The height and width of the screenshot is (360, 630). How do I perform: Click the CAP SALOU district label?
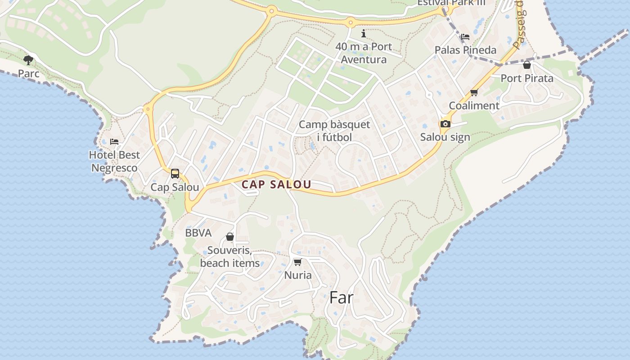click(276, 184)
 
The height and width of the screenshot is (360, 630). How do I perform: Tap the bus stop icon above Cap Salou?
click(175, 174)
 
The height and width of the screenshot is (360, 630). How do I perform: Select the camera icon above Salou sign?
click(445, 124)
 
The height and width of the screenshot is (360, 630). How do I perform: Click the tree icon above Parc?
click(28, 60)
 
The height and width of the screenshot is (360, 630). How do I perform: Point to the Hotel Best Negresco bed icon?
click(114, 141)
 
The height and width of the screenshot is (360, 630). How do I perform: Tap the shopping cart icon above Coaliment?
click(474, 93)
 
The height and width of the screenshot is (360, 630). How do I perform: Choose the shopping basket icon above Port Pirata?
click(527, 65)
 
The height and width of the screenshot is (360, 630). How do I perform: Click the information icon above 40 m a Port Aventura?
click(364, 34)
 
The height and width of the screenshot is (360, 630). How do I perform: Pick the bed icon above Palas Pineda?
click(465, 37)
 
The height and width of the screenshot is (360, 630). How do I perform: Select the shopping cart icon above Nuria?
click(297, 262)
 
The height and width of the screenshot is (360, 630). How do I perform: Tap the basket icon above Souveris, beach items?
click(230, 237)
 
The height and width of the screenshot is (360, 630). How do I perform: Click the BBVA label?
click(198, 233)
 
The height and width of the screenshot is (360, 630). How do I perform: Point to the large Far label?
click(342, 297)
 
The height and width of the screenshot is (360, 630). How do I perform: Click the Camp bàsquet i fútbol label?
click(334, 130)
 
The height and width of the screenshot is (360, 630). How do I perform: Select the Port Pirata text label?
click(527, 78)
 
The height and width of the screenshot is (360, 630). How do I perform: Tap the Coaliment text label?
click(474, 106)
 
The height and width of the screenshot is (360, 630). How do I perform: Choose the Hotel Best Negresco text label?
click(114, 161)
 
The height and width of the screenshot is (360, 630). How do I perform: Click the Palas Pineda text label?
click(465, 50)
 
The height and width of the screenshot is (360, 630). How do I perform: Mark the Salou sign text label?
click(445, 137)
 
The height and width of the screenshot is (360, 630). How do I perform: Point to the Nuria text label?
click(298, 275)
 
